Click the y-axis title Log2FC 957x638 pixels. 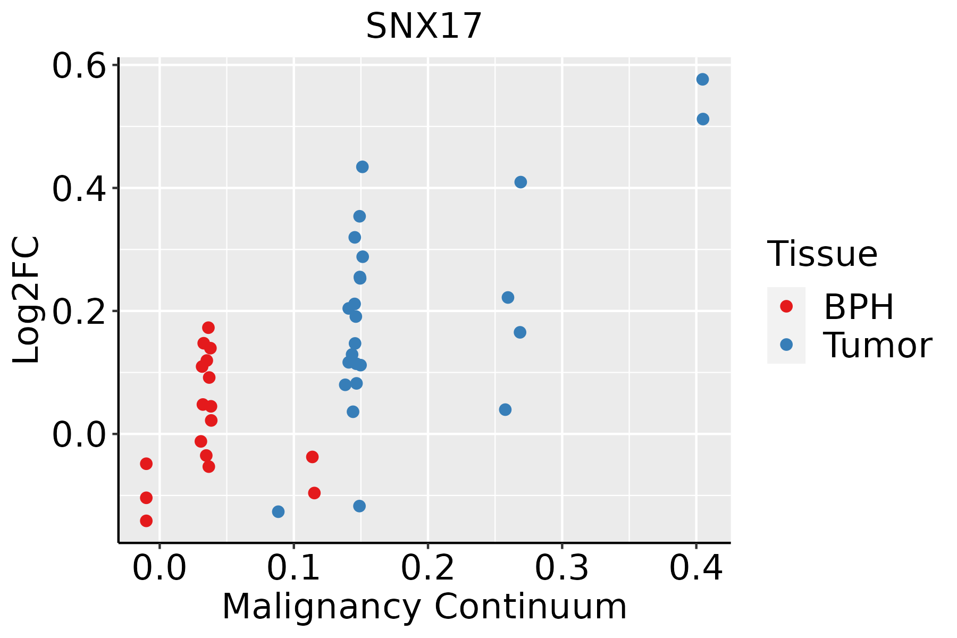click(27, 300)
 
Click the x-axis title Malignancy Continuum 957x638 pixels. click(424, 607)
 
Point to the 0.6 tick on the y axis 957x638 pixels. click(78, 66)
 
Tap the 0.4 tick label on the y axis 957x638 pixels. click(78, 189)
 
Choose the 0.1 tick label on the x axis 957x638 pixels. click(293, 568)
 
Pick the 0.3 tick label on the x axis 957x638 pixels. click(561, 568)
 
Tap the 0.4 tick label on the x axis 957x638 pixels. click(695, 568)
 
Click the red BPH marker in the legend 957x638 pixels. click(786, 306)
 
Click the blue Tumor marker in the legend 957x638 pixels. click(786, 345)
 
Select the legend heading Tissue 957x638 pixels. click(822, 254)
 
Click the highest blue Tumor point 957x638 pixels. click(702, 79)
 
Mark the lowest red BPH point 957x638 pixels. click(146, 521)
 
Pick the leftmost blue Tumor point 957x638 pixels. click(278, 511)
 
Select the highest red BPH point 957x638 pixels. click(208, 328)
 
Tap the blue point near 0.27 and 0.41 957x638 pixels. click(521, 182)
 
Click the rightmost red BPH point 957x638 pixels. click(314, 493)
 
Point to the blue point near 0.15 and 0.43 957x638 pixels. click(363, 167)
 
